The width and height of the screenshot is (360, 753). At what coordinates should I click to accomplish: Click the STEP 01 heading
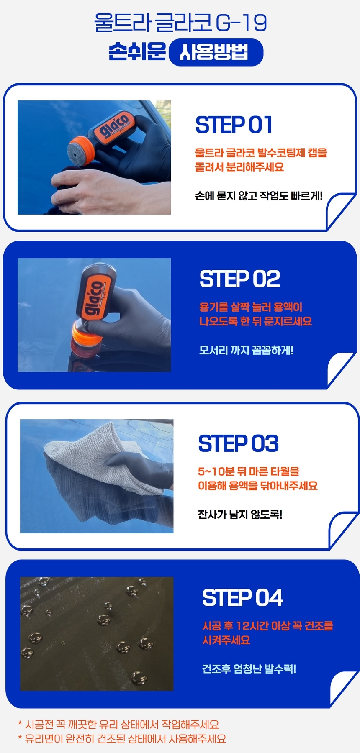pos(234,125)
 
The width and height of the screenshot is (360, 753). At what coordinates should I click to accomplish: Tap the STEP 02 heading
pos(240,279)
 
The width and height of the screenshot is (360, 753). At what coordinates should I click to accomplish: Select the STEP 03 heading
pos(238,443)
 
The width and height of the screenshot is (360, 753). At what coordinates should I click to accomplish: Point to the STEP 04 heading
pos(242,597)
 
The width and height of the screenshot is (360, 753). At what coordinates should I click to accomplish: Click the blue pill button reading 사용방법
pos(216,52)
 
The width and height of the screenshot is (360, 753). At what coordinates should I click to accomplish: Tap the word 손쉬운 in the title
pos(137,51)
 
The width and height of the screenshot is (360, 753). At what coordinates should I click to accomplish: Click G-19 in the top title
pos(242,23)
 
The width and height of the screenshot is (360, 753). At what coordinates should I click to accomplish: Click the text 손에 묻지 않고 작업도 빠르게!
pos(259,195)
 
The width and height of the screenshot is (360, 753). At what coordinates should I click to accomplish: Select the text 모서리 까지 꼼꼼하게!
pos(246,350)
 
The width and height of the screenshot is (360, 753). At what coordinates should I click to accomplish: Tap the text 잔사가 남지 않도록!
pos(240,514)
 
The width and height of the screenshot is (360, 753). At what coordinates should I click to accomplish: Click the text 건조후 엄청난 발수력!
pos(249,668)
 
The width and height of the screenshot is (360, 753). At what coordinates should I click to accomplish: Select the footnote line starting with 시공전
pos(118,725)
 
